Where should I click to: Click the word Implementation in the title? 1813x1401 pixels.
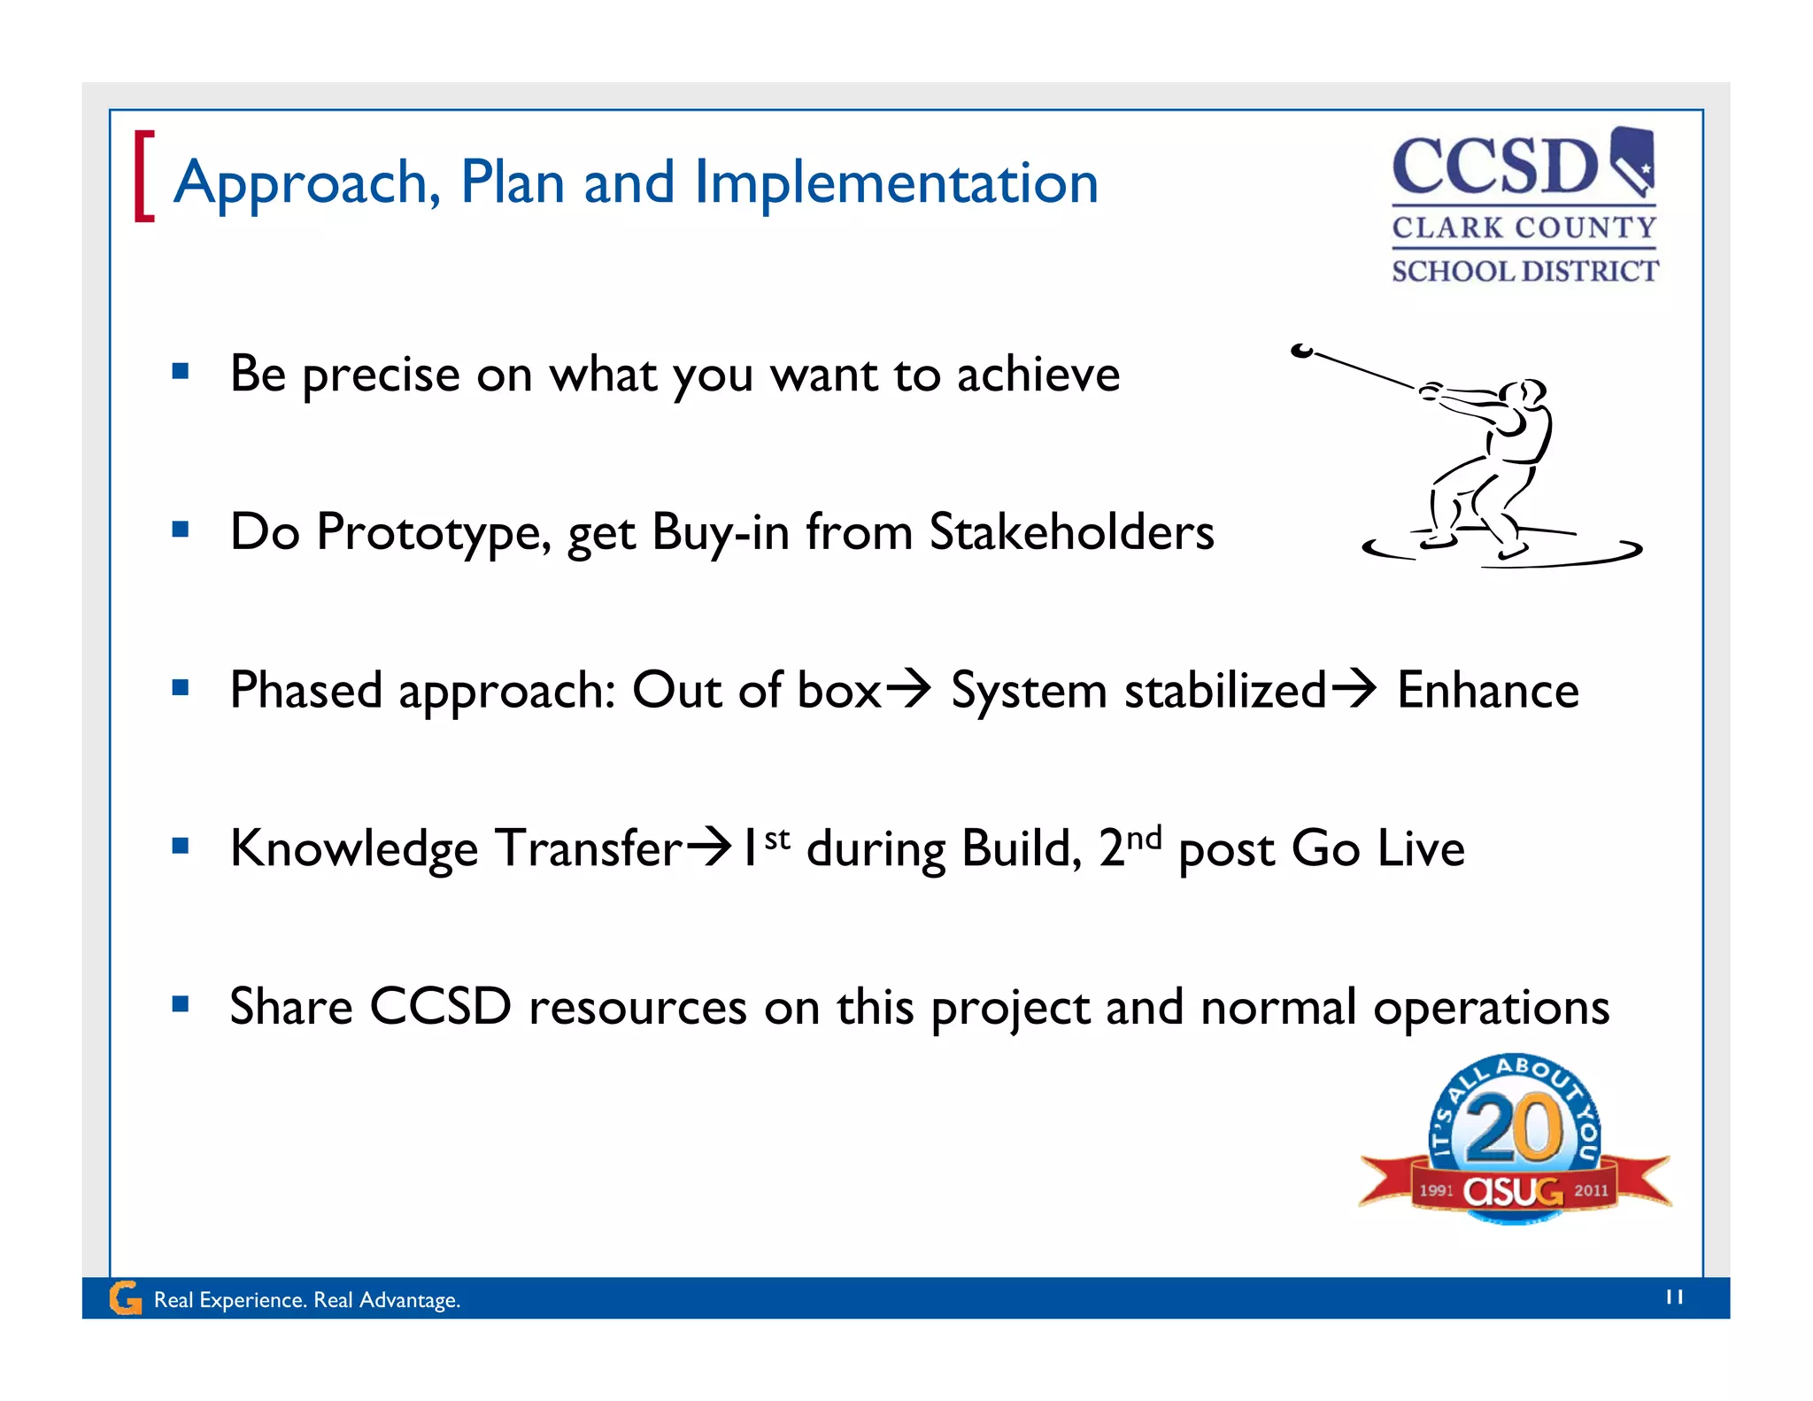(895, 183)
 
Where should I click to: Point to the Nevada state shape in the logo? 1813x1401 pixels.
(1632, 159)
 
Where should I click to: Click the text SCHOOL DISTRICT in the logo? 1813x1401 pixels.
(1524, 271)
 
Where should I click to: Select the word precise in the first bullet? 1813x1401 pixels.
(381, 375)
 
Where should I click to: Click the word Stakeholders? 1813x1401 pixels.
(1071, 532)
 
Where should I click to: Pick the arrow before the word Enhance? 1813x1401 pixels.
(1354, 688)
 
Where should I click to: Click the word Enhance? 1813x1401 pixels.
(1487, 690)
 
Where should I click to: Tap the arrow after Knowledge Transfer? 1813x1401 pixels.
(710, 847)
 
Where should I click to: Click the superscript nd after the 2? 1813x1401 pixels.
(1144, 837)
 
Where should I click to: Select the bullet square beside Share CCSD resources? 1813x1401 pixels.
(181, 1004)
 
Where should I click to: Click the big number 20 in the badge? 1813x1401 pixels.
(1514, 1127)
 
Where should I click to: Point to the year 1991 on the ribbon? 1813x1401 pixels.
(1436, 1190)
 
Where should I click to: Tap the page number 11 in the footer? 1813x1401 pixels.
(1674, 1297)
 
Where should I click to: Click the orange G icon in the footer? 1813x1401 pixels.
(125, 1298)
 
